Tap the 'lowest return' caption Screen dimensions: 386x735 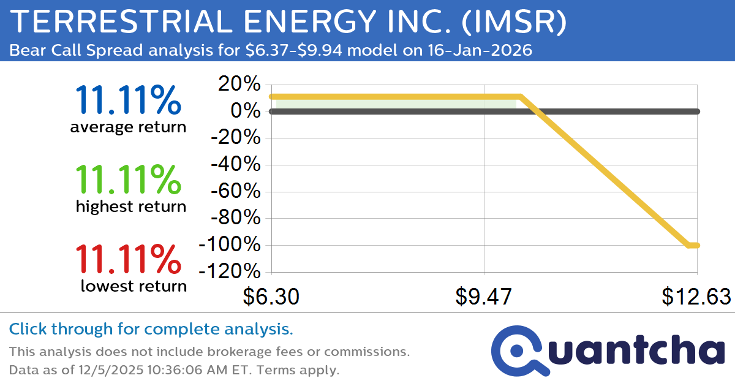click(x=134, y=286)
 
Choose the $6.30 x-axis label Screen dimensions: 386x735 click(x=271, y=297)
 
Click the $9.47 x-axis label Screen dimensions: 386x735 click(x=484, y=297)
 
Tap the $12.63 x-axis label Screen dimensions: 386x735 click(x=696, y=297)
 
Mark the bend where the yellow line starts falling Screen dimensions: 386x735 click(x=520, y=97)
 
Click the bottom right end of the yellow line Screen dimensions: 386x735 click(x=696, y=245)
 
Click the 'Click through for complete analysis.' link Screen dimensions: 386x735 click(x=151, y=329)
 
